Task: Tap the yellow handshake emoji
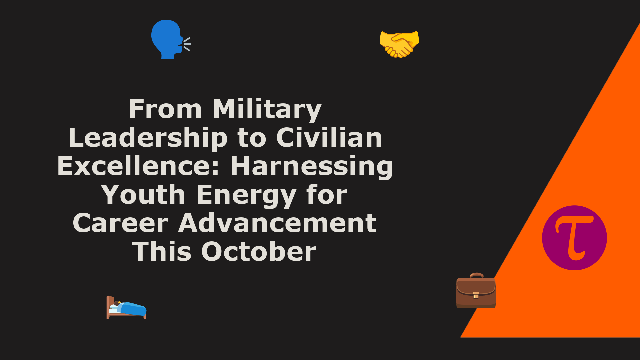click(x=399, y=44)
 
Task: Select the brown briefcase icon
click(x=476, y=291)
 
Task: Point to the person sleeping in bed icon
click(x=126, y=307)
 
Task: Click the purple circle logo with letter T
click(x=574, y=238)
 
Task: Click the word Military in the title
click(x=267, y=109)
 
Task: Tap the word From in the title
click(x=165, y=109)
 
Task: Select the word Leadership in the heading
click(x=148, y=138)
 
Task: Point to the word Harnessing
click(x=312, y=167)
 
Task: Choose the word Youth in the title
click(x=143, y=195)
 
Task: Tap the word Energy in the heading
click(x=246, y=195)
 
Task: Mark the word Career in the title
click(x=120, y=223)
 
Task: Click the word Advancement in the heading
click(x=278, y=223)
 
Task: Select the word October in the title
click(x=259, y=251)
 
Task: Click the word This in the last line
click(x=162, y=251)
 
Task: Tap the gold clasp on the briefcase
click(x=476, y=295)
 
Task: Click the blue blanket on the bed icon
click(x=132, y=308)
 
